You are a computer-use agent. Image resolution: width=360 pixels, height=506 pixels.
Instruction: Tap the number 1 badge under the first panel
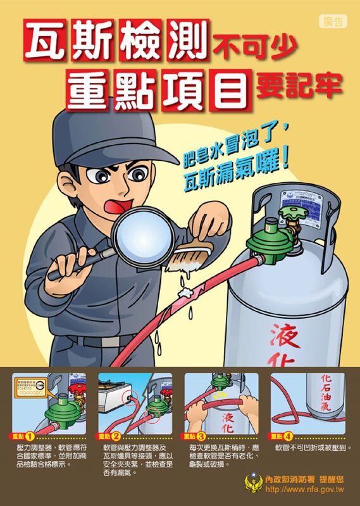point(29,436)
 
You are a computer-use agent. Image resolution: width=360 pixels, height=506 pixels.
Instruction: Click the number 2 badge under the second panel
point(116,436)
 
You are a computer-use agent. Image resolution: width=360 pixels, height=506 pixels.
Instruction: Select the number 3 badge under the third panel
point(201,436)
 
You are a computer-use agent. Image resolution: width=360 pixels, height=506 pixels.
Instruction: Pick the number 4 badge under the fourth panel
point(288,436)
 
